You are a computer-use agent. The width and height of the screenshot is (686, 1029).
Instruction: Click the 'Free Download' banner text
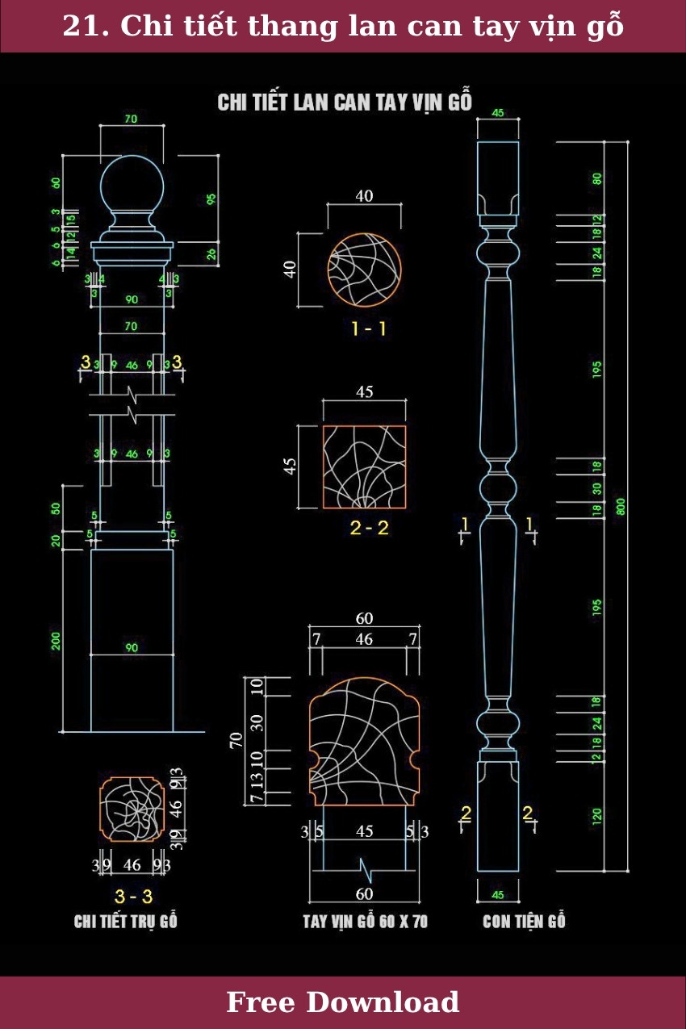(x=342, y=1002)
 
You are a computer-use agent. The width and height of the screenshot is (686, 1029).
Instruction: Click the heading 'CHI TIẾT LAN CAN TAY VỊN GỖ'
(x=345, y=102)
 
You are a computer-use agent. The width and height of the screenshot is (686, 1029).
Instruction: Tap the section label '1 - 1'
(x=369, y=328)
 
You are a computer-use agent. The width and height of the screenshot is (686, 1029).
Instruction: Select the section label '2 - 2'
(x=370, y=528)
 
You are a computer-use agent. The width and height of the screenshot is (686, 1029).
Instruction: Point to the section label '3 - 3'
(x=133, y=896)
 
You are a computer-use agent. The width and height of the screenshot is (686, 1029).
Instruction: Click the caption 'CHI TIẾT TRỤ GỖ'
(x=125, y=922)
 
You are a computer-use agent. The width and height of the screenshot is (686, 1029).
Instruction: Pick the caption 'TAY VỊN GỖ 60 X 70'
(x=365, y=922)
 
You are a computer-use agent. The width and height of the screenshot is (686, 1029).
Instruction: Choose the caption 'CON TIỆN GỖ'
(x=524, y=922)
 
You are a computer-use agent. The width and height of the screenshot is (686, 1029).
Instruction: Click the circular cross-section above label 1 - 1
(x=365, y=270)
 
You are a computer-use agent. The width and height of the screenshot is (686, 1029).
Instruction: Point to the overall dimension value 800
(x=621, y=506)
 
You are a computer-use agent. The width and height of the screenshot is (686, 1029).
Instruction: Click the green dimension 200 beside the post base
(x=56, y=641)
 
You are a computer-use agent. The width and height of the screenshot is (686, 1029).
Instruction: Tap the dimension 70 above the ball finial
(x=131, y=119)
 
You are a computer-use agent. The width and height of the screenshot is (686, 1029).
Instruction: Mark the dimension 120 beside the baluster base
(x=597, y=816)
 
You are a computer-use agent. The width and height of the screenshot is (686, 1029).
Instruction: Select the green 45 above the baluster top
(x=498, y=113)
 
